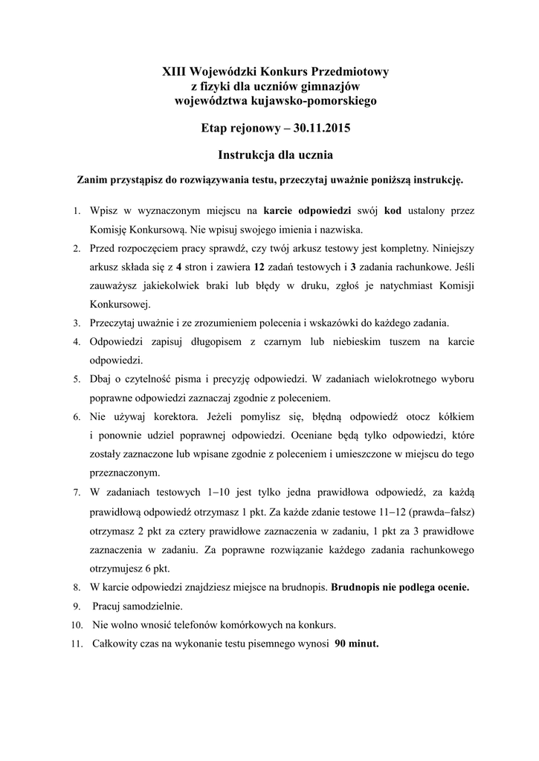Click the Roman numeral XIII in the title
175,72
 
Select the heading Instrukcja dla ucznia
270,155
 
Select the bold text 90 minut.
357,644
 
